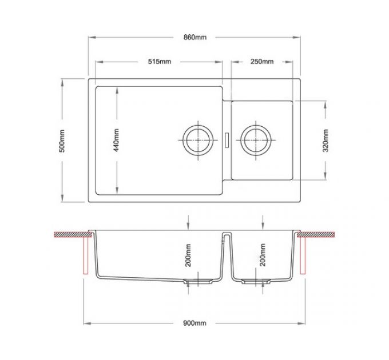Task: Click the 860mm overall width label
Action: point(194,37)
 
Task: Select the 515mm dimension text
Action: point(159,62)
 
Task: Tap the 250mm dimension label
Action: point(263,62)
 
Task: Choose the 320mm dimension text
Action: point(325,140)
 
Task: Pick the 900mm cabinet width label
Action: point(194,323)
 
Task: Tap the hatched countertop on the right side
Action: point(320,234)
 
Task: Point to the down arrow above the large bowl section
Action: point(188,223)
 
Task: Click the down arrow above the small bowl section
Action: point(263,223)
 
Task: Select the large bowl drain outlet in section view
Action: point(198,281)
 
